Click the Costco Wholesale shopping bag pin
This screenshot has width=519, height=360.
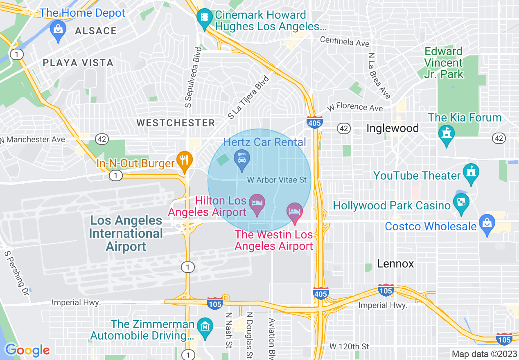(x=487, y=223)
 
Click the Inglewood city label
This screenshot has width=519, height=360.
(x=393, y=128)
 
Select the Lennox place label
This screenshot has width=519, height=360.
(x=395, y=264)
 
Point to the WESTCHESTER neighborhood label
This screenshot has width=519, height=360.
(x=176, y=123)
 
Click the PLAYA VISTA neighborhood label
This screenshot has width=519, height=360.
(x=78, y=63)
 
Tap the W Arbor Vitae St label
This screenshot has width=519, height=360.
(x=277, y=180)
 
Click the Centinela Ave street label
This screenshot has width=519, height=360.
(x=345, y=41)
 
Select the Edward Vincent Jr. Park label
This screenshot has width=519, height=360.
(x=444, y=63)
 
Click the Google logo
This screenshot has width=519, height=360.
(x=27, y=350)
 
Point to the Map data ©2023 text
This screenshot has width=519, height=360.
(x=484, y=354)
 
